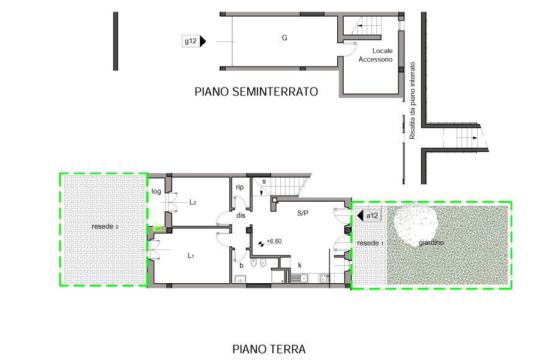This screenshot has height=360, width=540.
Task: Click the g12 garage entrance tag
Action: coord(194,41)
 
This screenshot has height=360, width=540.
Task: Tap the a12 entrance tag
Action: coord(369,216)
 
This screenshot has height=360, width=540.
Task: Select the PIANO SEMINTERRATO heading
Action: coord(256,92)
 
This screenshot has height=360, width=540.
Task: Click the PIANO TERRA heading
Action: coord(269,349)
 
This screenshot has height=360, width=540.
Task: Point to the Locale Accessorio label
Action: coord(376,55)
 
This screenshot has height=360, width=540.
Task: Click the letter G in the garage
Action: coord(284,38)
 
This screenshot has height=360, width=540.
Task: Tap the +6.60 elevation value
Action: coord(274,241)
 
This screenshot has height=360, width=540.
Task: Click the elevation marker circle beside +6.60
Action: coord(262,244)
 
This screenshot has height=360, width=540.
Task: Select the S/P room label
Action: coord(303,213)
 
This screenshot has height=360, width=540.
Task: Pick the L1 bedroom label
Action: coord(191,256)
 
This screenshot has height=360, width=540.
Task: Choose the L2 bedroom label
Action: coord(193,202)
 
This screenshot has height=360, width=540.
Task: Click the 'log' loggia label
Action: coord(157,191)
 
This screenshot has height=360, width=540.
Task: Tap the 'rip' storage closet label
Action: coord(239,187)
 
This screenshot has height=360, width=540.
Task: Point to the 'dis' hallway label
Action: coord(241,215)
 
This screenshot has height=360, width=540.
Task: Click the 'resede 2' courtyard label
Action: coord(105,226)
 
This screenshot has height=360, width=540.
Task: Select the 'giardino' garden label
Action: coord(431,242)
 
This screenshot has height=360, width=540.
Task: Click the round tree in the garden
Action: coord(416,224)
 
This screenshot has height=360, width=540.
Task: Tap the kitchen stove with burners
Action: coord(325,278)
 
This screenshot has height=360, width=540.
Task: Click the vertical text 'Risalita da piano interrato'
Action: coord(412,101)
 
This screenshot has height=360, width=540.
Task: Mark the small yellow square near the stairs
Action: coord(275,199)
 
